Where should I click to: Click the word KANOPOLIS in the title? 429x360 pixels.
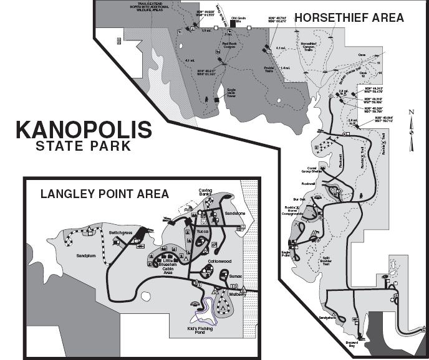[x=84, y=130]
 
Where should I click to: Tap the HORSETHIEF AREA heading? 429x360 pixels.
[x=349, y=17]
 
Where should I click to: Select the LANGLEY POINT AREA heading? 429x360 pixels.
[x=104, y=194]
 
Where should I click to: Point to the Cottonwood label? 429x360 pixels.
[x=219, y=260]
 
